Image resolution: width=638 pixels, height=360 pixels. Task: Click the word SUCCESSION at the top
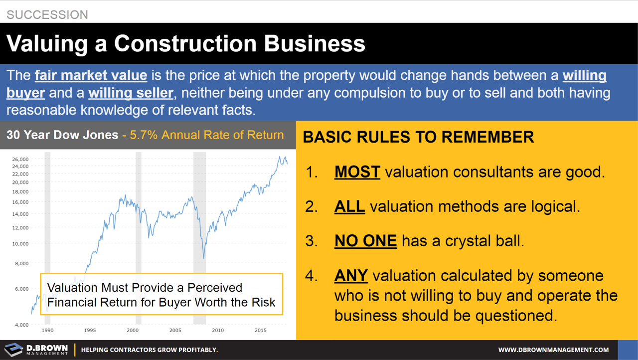(x=47, y=14)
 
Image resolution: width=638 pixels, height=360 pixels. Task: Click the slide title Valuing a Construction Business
(x=186, y=44)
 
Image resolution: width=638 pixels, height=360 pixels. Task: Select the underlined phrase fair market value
(x=91, y=76)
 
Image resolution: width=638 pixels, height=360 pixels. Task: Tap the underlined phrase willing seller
(x=131, y=93)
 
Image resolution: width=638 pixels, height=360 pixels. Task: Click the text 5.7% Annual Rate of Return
(x=207, y=135)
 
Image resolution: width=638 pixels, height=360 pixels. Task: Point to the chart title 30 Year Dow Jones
(x=62, y=135)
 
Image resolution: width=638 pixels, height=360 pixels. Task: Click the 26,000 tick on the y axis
(x=20, y=159)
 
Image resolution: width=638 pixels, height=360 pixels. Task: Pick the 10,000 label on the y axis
(x=20, y=244)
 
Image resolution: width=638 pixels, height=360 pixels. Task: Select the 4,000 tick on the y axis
(x=21, y=325)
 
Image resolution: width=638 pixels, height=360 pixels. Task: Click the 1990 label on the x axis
(x=47, y=331)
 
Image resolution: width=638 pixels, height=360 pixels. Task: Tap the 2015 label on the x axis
(x=260, y=331)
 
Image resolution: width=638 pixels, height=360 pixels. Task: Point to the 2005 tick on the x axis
(x=175, y=331)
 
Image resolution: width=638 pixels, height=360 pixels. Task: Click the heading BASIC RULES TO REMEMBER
(x=418, y=137)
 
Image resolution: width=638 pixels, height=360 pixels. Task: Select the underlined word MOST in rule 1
(x=357, y=172)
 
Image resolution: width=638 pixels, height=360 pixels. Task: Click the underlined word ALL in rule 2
(x=349, y=206)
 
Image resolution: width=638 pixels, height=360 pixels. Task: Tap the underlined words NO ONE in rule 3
(x=365, y=241)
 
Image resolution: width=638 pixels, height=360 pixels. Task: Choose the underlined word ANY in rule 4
(x=351, y=275)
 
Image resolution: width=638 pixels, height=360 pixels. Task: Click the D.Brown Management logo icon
(x=13, y=350)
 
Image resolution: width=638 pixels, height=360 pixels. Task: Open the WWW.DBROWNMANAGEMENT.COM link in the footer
(x=553, y=350)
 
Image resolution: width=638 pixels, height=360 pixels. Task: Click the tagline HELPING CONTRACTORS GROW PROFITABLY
(x=150, y=350)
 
